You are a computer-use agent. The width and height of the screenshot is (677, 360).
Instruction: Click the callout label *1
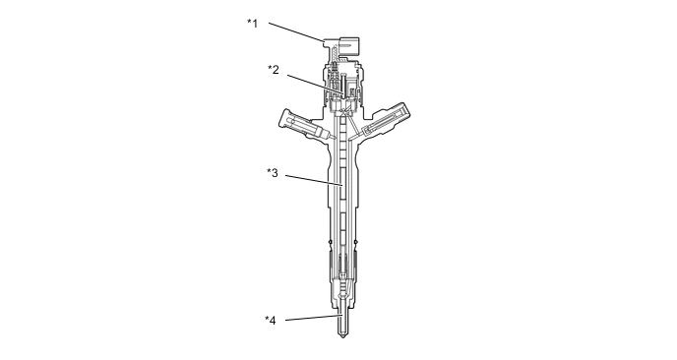coord(253,23)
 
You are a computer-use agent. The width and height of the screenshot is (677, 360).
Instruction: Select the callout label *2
coord(274,69)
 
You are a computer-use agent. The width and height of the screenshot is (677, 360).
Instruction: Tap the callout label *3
coord(273,173)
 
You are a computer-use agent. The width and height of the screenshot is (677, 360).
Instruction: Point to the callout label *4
coord(271,321)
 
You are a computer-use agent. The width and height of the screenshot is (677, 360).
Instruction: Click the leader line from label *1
coord(296,31)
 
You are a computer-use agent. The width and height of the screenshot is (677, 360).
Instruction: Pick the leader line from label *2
coord(316,85)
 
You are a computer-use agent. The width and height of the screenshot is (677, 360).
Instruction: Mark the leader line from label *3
coord(314,180)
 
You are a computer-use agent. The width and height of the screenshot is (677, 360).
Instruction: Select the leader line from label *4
coord(314,318)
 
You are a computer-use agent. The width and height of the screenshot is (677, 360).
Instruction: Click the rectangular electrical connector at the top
coord(348,47)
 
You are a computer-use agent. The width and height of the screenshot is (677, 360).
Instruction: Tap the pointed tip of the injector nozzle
coord(342,336)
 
